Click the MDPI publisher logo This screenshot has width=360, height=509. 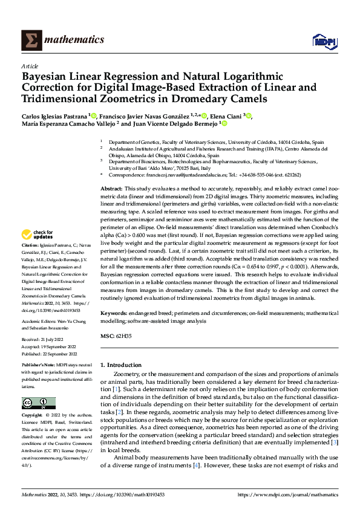tap(324, 41)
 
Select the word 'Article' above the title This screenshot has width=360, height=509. tap(30, 66)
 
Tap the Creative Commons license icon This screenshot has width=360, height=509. tap(38, 403)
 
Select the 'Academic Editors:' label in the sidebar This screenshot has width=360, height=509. tap(40, 322)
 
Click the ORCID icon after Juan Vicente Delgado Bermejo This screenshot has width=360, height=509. tap(224, 123)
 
